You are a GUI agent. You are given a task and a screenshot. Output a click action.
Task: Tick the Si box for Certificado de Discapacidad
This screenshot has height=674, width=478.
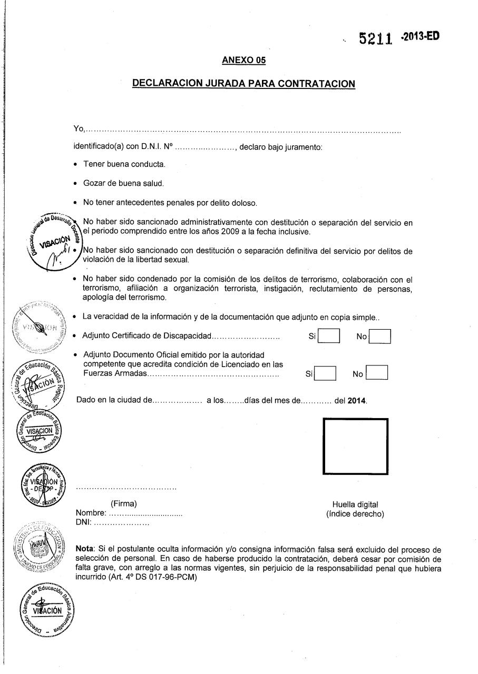point(329,336)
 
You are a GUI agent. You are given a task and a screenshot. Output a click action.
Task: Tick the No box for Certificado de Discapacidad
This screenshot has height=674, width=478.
point(380,336)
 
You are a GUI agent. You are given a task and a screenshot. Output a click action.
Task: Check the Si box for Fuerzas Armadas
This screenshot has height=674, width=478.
point(325,373)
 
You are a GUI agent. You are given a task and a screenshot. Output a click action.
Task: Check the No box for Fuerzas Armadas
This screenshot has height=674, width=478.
point(377,373)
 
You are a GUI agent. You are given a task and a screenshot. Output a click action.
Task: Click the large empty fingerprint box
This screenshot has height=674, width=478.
point(355,447)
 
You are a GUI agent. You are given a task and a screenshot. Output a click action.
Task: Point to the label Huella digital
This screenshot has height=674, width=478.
point(355,504)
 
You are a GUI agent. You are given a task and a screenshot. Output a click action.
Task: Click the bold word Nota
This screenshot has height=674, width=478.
point(85,548)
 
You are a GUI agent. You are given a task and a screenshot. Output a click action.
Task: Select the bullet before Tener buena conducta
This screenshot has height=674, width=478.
point(77,165)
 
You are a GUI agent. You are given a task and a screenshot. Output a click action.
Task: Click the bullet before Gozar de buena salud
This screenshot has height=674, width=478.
point(77,184)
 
